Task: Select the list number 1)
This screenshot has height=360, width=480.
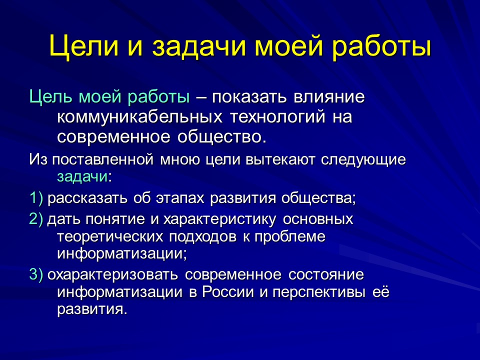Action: [37, 198]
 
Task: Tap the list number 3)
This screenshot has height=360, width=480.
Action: [37, 275]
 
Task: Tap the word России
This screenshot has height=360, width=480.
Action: [228, 292]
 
